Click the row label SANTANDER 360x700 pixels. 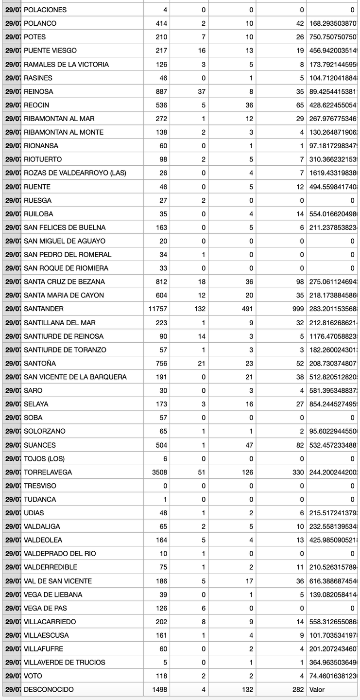[44, 309]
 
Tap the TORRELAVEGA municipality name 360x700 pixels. [48, 472]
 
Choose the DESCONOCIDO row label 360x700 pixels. [49, 689]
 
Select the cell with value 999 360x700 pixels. [297, 309]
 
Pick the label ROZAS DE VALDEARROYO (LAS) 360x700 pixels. [75, 173]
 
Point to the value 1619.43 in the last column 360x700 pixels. [332, 173]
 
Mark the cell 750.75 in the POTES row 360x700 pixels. [332, 37]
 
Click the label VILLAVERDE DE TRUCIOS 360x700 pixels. [65, 662]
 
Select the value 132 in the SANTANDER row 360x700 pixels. [200, 309]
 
